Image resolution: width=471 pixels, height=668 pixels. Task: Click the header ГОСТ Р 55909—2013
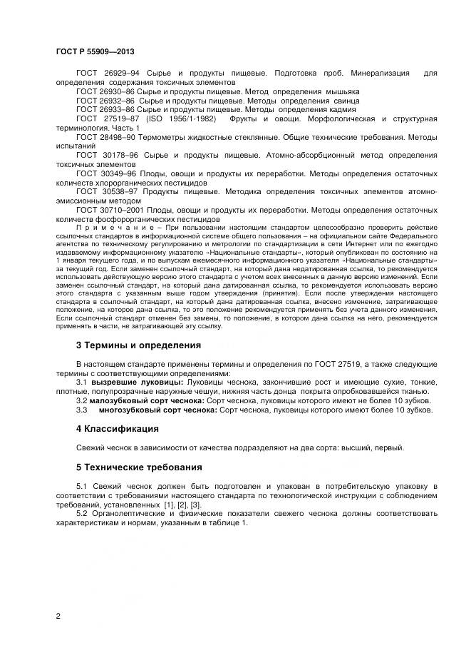(94, 52)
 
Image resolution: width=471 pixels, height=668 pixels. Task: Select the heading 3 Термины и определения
(138, 345)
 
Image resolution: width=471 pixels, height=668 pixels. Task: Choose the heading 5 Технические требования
(139, 467)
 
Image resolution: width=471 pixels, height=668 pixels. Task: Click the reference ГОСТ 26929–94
(105, 74)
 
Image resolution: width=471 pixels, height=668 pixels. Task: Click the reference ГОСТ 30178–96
(105, 155)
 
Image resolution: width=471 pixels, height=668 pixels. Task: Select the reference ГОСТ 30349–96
(105, 173)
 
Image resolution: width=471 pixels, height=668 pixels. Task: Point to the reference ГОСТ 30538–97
(105, 192)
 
